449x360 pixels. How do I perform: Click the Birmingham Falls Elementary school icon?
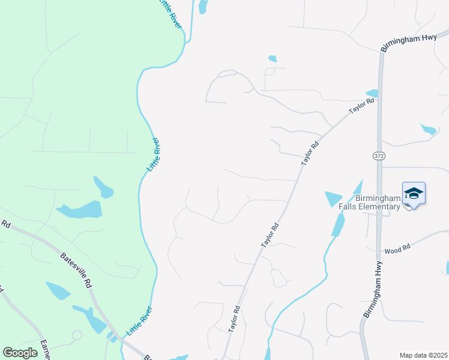tap(414, 193)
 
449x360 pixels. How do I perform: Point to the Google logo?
tap(20, 353)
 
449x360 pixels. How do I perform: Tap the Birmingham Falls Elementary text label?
tap(377, 203)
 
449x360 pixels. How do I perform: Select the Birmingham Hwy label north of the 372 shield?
tap(408, 41)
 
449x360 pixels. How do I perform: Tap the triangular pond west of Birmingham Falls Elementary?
tap(332, 198)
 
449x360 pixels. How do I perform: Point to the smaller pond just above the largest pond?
tap(103, 187)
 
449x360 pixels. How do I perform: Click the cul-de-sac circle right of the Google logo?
tap(76, 335)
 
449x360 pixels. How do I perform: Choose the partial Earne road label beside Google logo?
tap(44, 350)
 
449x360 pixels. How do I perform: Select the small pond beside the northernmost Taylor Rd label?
tap(372, 93)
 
